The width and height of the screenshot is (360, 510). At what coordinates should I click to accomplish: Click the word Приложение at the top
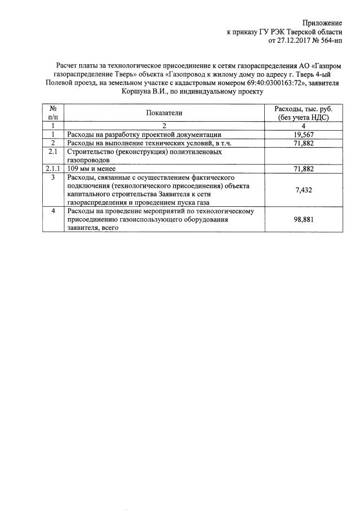click(x=322, y=23)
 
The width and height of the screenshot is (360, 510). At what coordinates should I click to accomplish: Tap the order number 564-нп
click(x=330, y=41)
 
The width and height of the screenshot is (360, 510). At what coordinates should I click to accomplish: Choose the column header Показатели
click(x=165, y=113)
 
